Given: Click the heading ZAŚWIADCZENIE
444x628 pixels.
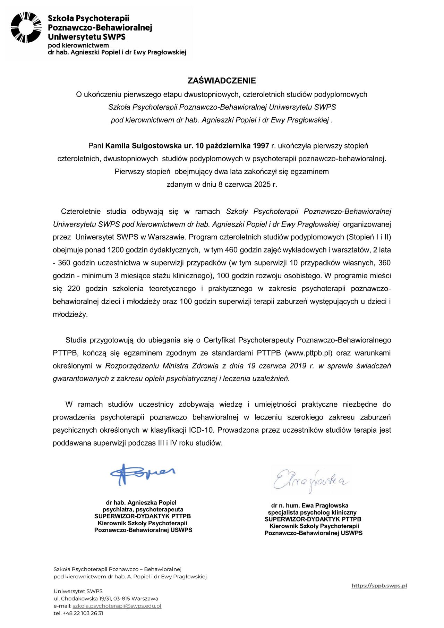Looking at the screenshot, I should [x=222, y=80].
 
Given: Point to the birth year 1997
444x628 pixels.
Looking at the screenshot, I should [x=261, y=146].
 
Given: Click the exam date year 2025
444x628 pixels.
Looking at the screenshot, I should [x=262, y=184].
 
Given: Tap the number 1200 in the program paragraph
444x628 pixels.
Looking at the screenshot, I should [x=116, y=250].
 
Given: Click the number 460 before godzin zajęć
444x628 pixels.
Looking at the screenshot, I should [x=231, y=250].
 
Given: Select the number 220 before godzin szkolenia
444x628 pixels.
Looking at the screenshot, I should [x=74, y=288].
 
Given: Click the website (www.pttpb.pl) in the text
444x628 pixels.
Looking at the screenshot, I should [x=308, y=353].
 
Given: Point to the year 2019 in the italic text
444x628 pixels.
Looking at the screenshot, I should [x=298, y=366].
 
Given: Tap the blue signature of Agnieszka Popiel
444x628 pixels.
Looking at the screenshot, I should [x=142, y=474].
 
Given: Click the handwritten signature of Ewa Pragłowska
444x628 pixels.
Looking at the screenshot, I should [x=310, y=481].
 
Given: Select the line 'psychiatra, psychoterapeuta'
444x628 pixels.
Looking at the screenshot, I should [x=143, y=509].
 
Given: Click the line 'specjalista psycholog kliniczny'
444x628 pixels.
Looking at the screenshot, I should [x=312, y=512].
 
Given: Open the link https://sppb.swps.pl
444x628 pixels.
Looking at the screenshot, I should [x=379, y=586].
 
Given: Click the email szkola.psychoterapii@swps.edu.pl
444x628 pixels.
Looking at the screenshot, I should [x=117, y=606].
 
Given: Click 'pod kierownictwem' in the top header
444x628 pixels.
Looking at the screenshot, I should [x=78, y=45].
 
